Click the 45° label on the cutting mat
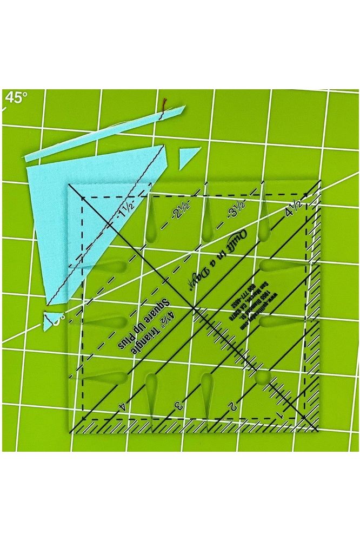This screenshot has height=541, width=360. coord(16,98)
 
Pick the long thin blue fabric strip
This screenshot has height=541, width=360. coord(103,133)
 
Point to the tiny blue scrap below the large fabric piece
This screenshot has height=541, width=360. coord(52,318)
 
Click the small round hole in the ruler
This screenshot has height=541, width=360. coord(263,378)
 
